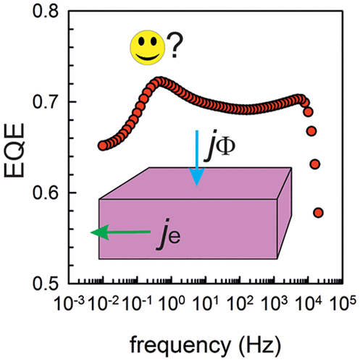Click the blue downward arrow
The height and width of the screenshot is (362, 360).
198,161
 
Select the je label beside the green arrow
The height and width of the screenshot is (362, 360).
169,237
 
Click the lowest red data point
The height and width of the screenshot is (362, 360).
318,213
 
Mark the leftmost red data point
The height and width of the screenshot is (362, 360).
103,146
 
